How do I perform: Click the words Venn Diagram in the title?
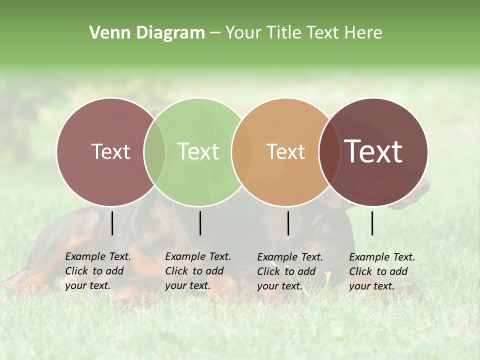point(147,33)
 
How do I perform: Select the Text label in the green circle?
point(198,151)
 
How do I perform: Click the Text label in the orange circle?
point(285,151)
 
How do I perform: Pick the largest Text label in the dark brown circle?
point(373,151)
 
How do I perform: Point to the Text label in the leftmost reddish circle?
point(110,151)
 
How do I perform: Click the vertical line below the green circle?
point(200,223)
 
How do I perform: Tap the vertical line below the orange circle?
point(288,223)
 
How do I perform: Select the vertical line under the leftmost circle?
point(112,223)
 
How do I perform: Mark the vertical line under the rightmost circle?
point(372,223)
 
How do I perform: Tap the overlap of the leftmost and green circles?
point(154,151)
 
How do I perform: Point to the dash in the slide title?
point(215,33)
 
